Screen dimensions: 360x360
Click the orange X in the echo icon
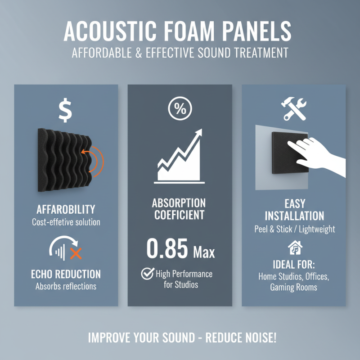(x=76, y=253)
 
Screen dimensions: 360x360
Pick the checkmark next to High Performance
(x=147, y=274)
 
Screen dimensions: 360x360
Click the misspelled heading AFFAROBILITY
(x=66, y=209)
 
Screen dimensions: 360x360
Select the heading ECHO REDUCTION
(x=66, y=274)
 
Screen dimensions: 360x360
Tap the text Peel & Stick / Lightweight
(x=294, y=229)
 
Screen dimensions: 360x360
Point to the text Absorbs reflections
(x=66, y=286)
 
